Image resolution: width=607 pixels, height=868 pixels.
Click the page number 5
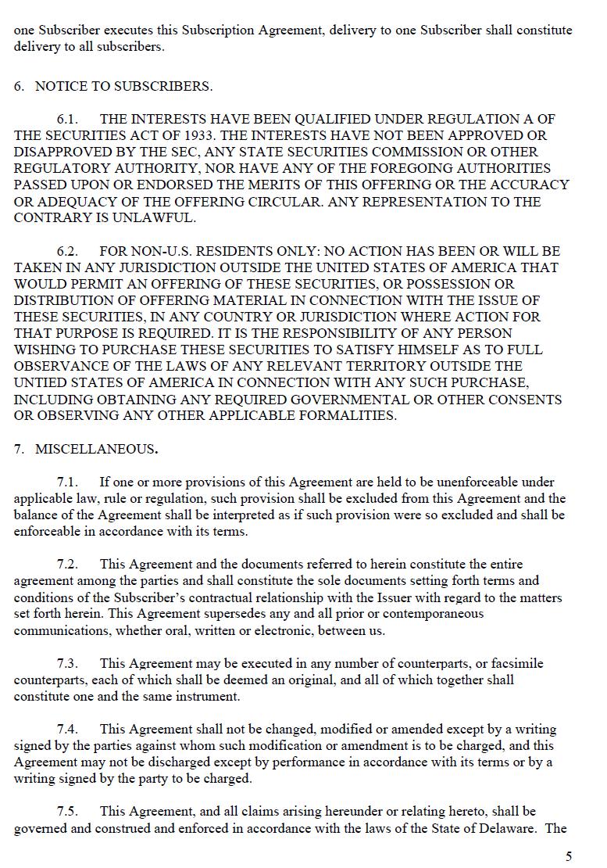[x=569, y=856]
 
